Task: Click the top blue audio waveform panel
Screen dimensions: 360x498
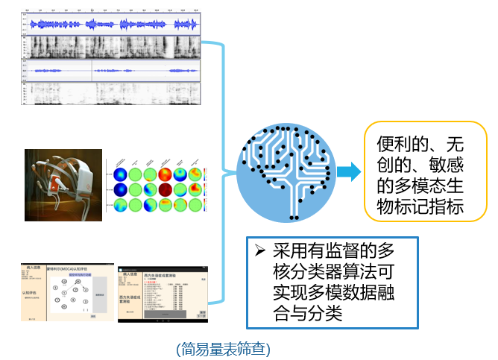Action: [112, 25]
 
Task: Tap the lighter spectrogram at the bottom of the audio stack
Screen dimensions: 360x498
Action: [112, 92]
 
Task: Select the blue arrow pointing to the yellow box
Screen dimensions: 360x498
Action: [346, 172]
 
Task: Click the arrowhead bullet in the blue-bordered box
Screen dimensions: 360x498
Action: [259, 248]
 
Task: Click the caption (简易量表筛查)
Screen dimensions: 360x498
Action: [223, 348]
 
